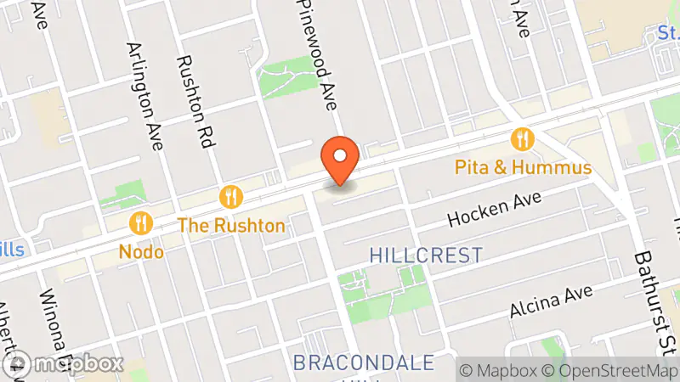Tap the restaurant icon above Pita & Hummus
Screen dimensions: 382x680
tap(522, 138)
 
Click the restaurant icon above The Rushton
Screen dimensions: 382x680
tap(230, 198)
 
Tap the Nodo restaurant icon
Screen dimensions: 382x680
tap(140, 223)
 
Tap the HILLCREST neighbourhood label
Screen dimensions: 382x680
tap(427, 255)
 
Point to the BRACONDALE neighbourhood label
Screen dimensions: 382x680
tap(363, 362)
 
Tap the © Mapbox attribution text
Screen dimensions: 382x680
tap(501, 370)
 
